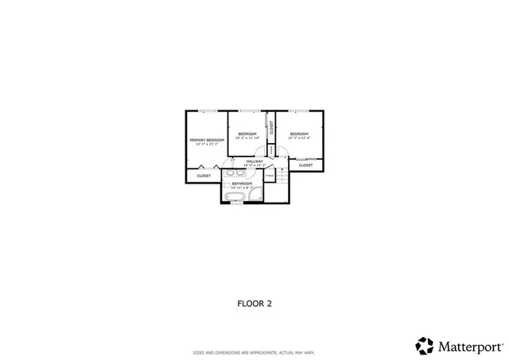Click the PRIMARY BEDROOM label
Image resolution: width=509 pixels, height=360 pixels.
[206, 140]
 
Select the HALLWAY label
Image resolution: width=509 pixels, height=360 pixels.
[254, 162]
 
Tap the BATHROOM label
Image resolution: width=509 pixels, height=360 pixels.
[242, 184]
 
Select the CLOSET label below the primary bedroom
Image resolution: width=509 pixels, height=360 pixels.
[204, 176]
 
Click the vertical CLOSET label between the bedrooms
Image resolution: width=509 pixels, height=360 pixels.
[271, 127]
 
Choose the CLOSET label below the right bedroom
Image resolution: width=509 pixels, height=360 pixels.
[306, 165]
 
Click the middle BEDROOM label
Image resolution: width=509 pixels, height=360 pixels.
[247, 134]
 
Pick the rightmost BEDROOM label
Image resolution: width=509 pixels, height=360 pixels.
[299, 134]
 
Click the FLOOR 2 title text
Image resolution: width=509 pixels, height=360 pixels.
[254, 303]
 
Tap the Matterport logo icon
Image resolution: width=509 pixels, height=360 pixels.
[425, 346]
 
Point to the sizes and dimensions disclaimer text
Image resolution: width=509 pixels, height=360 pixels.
[254, 353]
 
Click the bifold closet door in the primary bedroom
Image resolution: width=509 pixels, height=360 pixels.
[210, 167]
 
